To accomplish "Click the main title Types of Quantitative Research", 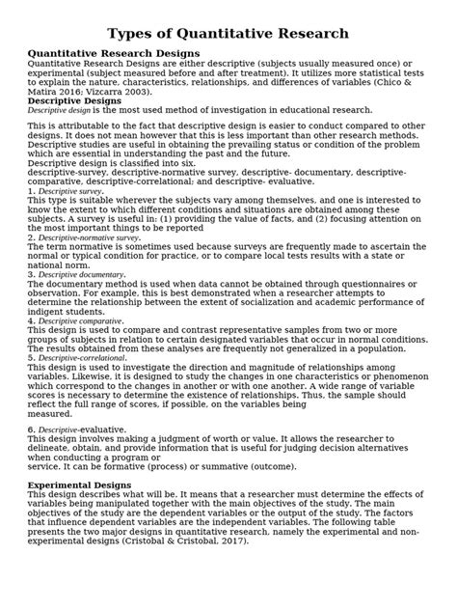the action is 228,33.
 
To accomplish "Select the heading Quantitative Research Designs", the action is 113,53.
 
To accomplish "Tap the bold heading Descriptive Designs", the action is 73,99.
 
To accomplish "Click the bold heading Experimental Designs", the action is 80,485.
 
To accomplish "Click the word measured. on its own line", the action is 50,412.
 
